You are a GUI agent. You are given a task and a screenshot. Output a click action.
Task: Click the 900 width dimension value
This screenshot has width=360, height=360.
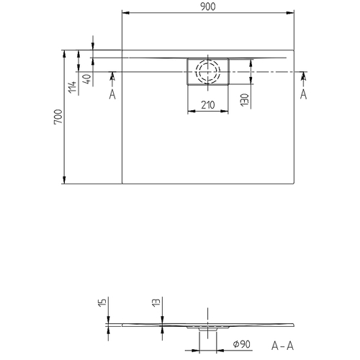click(x=209, y=6)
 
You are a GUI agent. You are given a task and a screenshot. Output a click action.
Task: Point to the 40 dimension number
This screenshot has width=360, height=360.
click(x=87, y=79)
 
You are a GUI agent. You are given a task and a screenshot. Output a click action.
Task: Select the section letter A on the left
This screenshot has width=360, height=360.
click(x=112, y=94)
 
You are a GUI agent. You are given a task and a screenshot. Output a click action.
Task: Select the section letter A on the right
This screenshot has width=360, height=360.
click(x=303, y=94)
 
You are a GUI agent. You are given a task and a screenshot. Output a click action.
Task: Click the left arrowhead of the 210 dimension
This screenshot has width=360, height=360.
click(x=190, y=112)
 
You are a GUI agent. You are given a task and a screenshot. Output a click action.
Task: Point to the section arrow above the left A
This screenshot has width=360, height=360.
click(x=112, y=76)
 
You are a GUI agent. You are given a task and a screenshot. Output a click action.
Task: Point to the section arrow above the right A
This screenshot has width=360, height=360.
click(x=303, y=76)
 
